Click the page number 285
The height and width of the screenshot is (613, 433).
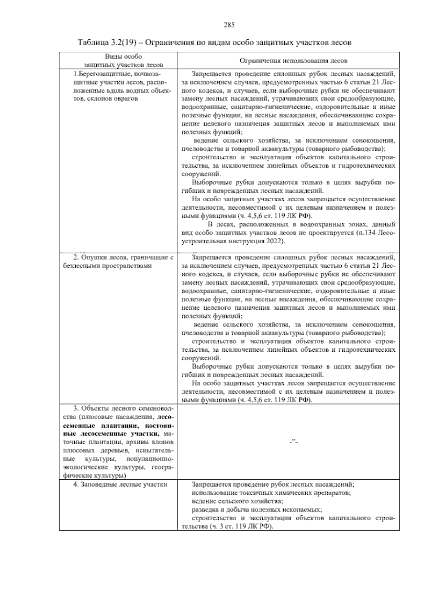[x=229, y=25]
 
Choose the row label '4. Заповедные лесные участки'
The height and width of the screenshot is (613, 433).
[x=120, y=484]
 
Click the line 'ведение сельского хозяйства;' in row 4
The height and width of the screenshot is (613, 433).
[x=237, y=501]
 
